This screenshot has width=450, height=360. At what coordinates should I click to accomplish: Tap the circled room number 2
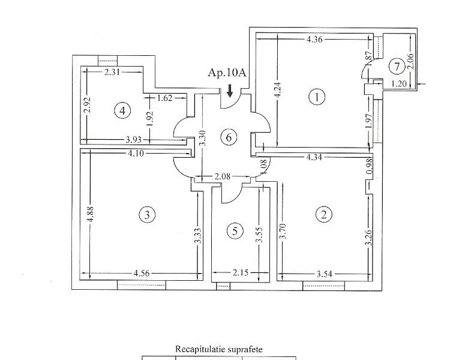[324, 214]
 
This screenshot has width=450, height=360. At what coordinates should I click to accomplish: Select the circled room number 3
[146, 214]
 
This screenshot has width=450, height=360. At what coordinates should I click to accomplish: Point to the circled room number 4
[122, 110]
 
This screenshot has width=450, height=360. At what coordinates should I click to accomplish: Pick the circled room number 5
[236, 230]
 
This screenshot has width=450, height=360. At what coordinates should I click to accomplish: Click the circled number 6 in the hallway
[227, 137]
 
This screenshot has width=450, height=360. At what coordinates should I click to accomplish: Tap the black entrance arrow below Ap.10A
[230, 92]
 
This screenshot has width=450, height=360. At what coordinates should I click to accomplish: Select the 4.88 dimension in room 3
[90, 214]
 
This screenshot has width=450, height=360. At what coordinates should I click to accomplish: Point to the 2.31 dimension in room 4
[113, 72]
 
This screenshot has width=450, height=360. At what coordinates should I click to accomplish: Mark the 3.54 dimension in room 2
[323, 275]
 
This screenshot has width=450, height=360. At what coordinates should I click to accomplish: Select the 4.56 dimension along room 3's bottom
[142, 274]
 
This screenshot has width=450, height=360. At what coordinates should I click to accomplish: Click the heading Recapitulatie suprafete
[218, 349]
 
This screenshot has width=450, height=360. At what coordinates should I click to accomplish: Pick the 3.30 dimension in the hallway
[203, 139]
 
